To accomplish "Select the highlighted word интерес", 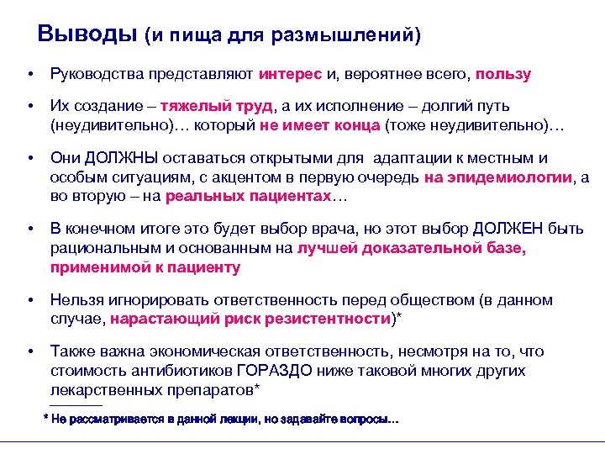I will point(291,74).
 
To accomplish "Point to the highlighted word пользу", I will point(503,74).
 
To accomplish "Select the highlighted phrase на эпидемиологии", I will point(498,176).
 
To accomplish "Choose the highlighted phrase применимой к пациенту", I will point(145,267).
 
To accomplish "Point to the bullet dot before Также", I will point(29,351).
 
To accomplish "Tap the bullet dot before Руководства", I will point(29,74).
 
